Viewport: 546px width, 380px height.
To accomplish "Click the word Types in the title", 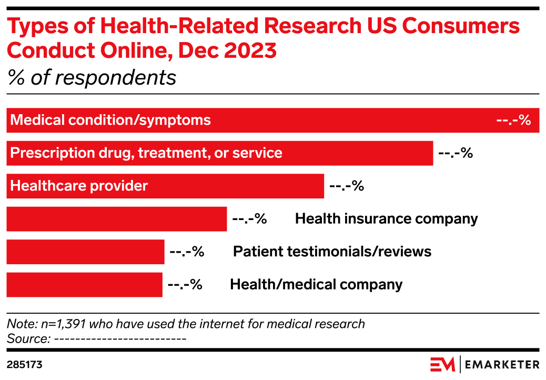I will coord(31,26).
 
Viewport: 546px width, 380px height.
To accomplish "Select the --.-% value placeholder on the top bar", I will coord(513,121).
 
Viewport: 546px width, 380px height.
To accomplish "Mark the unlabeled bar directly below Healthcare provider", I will coord(117,219).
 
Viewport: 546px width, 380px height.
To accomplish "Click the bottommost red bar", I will coord(84,285).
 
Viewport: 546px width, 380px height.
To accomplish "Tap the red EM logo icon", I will coord(442,364).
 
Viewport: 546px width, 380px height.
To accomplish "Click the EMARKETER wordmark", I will coord(502,364).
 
